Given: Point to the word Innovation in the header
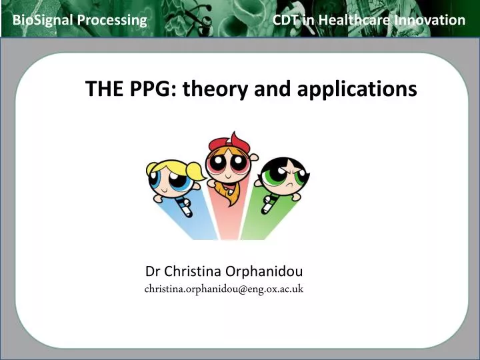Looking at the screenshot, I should pyautogui.click(x=429, y=20).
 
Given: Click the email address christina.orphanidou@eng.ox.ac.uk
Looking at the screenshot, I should pyautogui.click(x=224, y=289).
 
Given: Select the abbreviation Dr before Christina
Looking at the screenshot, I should pyautogui.click(x=153, y=271).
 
